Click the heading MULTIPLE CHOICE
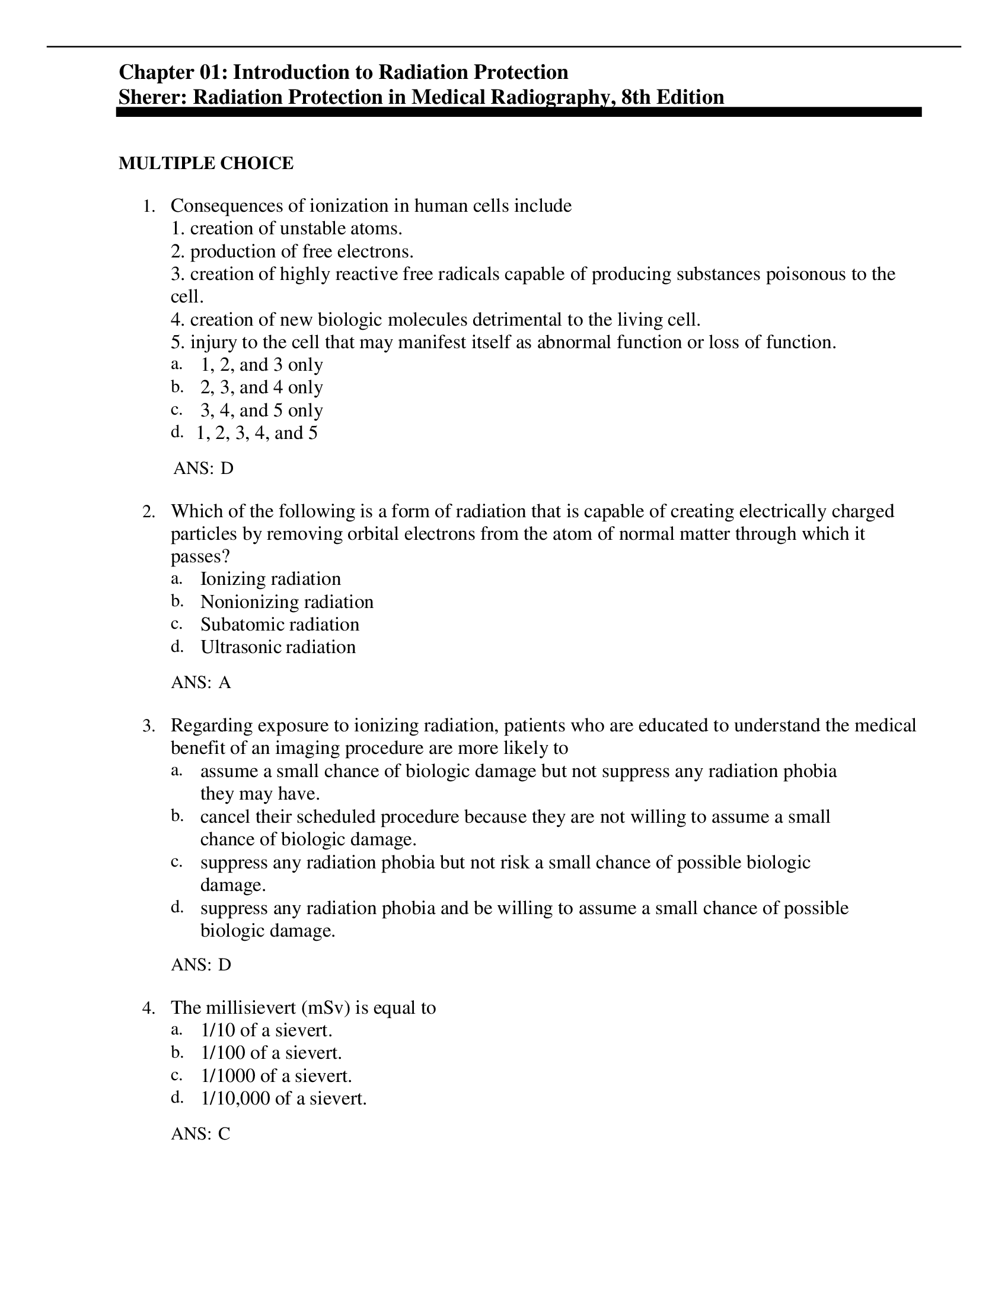pyautogui.click(x=205, y=163)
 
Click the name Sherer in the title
pyautogui.click(x=152, y=97)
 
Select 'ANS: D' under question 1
pyautogui.click(x=203, y=468)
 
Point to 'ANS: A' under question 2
pyautogui.click(x=200, y=682)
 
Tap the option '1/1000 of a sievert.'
pyautogui.click(x=276, y=1075)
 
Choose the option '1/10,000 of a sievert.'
pyautogui.click(x=283, y=1098)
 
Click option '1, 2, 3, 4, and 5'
pyautogui.click(x=257, y=432)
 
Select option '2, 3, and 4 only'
pyautogui.click(x=261, y=387)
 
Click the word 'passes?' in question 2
pyautogui.click(x=200, y=556)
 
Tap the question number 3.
pyautogui.click(x=148, y=726)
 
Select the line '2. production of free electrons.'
pyautogui.click(x=292, y=251)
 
